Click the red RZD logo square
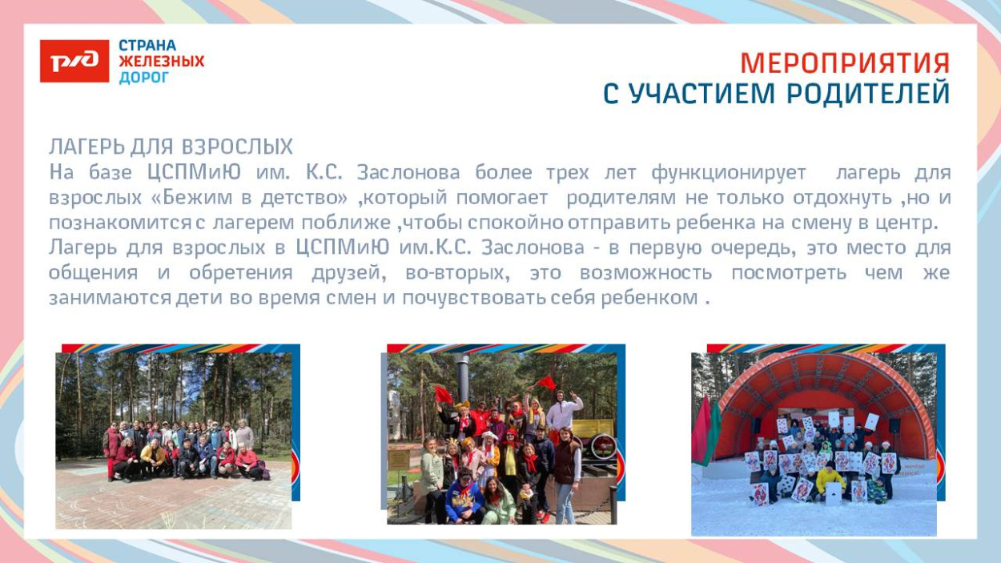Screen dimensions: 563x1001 74,61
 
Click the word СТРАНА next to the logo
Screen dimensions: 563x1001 147,46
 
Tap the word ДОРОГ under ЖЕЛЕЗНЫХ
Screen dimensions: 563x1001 144,78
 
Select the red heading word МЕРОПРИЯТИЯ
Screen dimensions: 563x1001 845,63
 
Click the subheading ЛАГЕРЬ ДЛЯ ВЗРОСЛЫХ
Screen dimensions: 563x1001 171,147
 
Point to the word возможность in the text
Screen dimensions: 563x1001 645,272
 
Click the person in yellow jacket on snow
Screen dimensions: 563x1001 830,480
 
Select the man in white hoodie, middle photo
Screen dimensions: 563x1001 563,412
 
